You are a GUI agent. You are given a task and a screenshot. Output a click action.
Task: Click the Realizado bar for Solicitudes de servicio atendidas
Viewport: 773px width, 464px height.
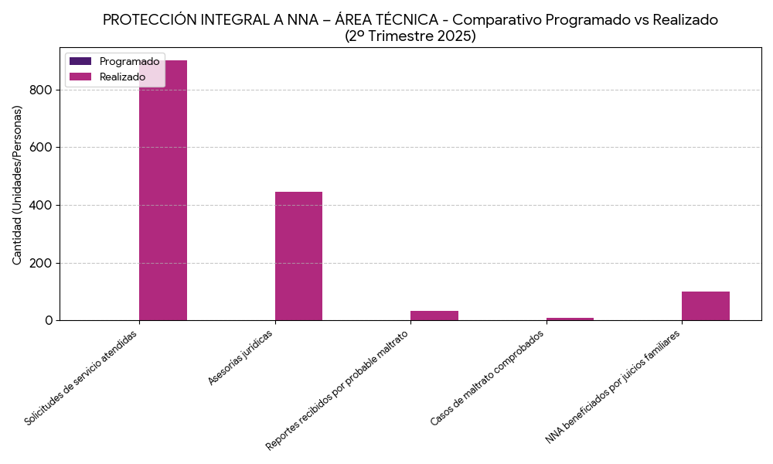coord(163,193)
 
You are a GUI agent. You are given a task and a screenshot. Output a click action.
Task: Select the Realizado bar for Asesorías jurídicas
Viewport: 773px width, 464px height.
coord(298,255)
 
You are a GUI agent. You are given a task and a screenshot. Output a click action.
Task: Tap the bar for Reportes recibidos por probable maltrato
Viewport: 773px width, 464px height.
coord(434,316)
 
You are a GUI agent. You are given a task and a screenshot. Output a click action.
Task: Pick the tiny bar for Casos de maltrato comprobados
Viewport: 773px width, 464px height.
coord(570,319)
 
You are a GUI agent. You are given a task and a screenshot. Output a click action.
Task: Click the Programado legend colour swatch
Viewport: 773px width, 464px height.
coord(80,61)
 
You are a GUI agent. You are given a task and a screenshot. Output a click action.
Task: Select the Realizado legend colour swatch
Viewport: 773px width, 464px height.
coord(80,77)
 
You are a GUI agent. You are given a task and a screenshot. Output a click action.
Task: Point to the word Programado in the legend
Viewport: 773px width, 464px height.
coord(129,61)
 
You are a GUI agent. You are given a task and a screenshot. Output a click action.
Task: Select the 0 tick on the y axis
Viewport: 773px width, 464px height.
coord(48,320)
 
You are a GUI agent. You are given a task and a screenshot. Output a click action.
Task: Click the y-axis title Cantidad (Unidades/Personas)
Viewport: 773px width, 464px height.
coord(17,185)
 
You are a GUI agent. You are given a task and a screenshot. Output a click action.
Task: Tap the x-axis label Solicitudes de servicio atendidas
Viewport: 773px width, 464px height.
coord(81,378)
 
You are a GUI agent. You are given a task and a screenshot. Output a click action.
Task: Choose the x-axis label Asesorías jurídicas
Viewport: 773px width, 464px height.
coord(240,357)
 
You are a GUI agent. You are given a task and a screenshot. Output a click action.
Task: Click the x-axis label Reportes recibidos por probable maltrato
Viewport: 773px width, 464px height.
coord(337,391)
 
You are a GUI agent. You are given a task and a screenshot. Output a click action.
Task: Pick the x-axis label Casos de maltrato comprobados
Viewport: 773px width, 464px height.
coord(487,378)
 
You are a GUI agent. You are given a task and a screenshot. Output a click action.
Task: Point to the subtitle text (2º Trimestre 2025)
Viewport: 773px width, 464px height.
coord(410,36)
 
